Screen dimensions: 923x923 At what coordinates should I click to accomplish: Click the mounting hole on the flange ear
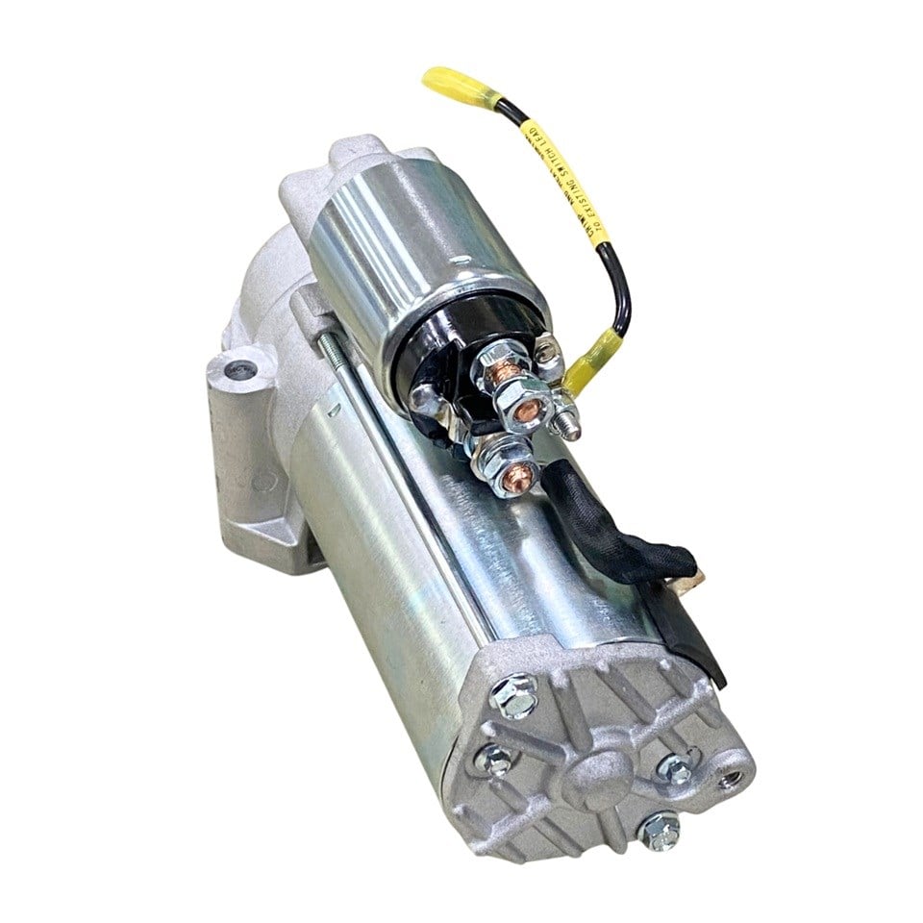[237, 369]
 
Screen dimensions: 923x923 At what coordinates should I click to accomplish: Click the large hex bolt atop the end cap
[512, 696]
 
